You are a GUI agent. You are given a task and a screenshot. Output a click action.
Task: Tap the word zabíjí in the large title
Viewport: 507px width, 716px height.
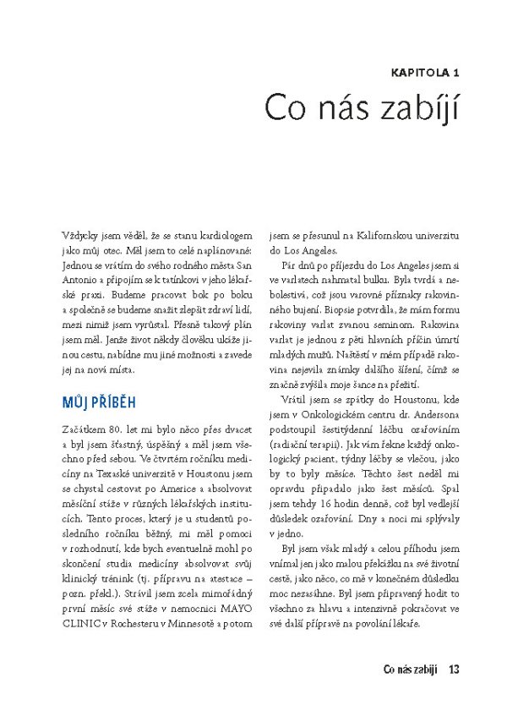414,109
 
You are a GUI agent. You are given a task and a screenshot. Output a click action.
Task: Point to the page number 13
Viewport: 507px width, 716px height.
454,670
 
